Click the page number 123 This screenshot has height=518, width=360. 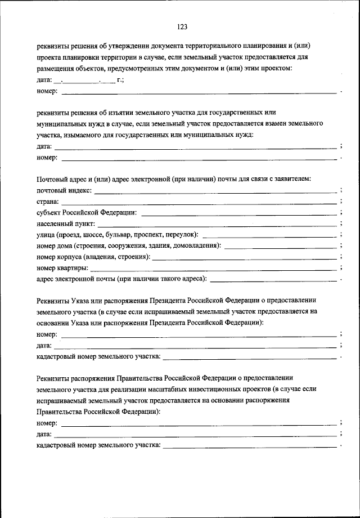pos(181,27)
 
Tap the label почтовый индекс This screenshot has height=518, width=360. pos(64,191)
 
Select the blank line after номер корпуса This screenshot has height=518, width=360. pos(245,258)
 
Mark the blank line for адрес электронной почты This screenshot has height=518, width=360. pos(273,279)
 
